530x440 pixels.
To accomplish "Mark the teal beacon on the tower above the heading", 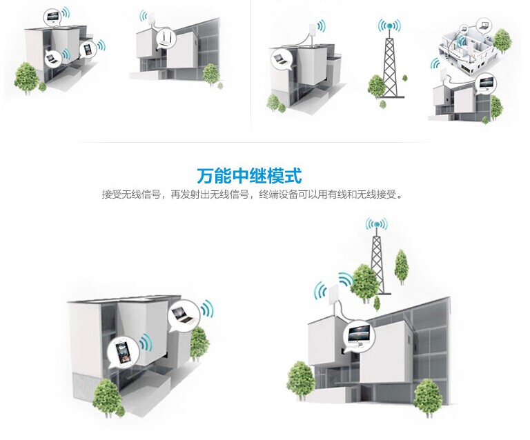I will (x=391, y=27).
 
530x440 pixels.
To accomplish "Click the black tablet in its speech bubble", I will (x=87, y=49).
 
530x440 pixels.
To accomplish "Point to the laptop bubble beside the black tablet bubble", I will (x=51, y=59).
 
